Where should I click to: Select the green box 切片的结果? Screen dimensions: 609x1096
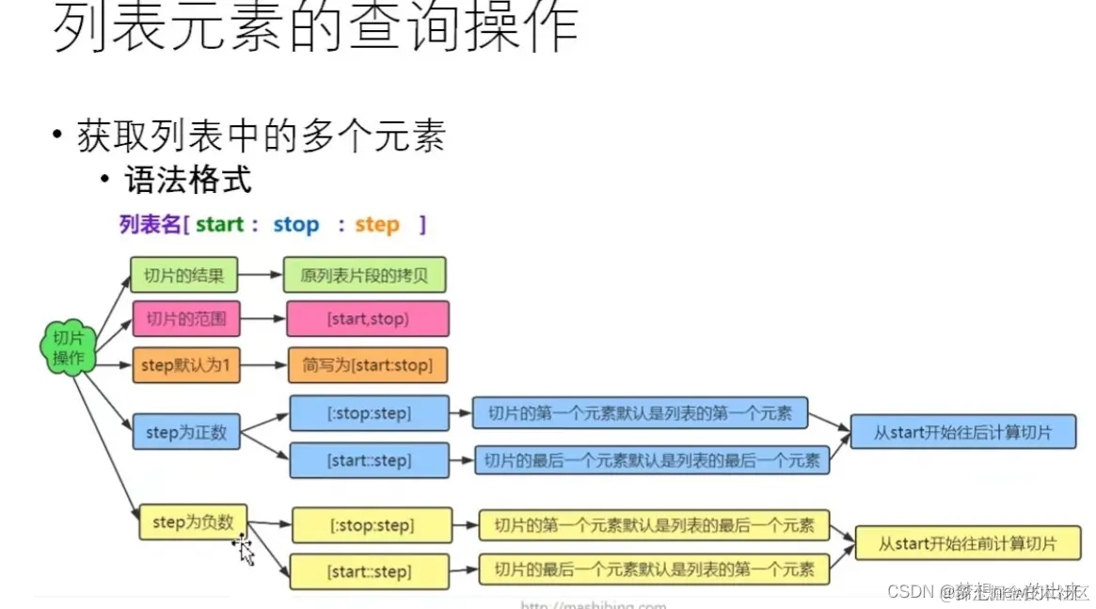183,276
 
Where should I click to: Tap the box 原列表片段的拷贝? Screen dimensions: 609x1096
365,276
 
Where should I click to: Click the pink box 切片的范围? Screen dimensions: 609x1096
186,319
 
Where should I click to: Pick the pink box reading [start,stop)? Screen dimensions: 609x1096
368,319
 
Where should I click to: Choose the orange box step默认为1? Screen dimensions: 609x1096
186,364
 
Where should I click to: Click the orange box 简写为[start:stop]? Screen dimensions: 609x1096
368,365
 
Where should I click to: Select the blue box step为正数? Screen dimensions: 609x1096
186,433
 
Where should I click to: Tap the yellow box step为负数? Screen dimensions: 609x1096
193,522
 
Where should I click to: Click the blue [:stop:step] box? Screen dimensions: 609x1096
370,413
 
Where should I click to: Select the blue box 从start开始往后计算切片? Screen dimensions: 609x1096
962,433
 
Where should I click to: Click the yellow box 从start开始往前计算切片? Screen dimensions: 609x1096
967,544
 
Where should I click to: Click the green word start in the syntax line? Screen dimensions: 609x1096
220,225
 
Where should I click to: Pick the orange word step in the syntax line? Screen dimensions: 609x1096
377,225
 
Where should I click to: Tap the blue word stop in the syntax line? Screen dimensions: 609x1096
296,225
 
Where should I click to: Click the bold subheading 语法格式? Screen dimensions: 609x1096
188,179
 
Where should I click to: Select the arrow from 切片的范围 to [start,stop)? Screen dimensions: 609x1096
263,319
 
